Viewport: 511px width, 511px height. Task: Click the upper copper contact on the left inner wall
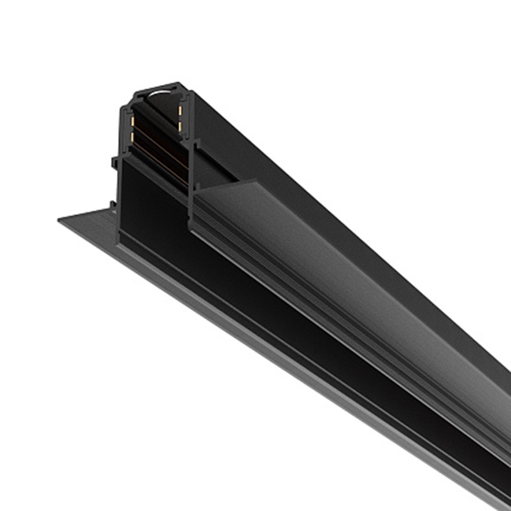coord(133,121)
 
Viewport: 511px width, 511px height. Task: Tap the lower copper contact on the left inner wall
coord(132,137)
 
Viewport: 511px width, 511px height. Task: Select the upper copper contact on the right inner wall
coord(180,110)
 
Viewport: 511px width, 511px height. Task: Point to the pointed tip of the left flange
coord(60,220)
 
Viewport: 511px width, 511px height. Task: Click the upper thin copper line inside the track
coord(158,145)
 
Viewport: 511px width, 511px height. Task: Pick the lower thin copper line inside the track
coord(158,161)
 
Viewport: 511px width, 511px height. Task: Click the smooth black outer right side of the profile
coord(307,169)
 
